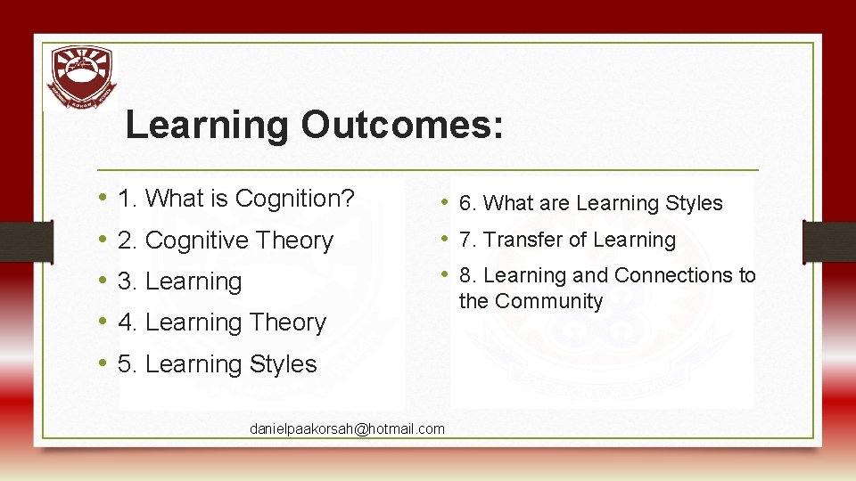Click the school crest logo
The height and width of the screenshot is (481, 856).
(x=81, y=77)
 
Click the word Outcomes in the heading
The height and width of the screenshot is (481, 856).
(x=401, y=126)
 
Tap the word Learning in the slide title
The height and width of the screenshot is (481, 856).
(x=207, y=126)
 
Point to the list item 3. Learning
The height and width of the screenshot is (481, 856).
(x=179, y=281)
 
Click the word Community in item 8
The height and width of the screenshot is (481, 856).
(x=549, y=302)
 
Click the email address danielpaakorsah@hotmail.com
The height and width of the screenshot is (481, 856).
(x=347, y=429)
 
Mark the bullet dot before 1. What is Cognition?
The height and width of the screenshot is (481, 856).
(x=104, y=198)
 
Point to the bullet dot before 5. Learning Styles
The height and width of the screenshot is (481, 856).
(x=104, y=363)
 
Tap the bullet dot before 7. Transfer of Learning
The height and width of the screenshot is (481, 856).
(x=446, y=239)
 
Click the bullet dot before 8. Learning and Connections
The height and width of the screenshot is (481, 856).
(x=446, y=275)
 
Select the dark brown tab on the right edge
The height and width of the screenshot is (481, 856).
(x=828, y=240)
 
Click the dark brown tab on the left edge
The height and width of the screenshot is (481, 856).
(x=16, y=240)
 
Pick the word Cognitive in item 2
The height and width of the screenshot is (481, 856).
(x=209, y=240)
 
